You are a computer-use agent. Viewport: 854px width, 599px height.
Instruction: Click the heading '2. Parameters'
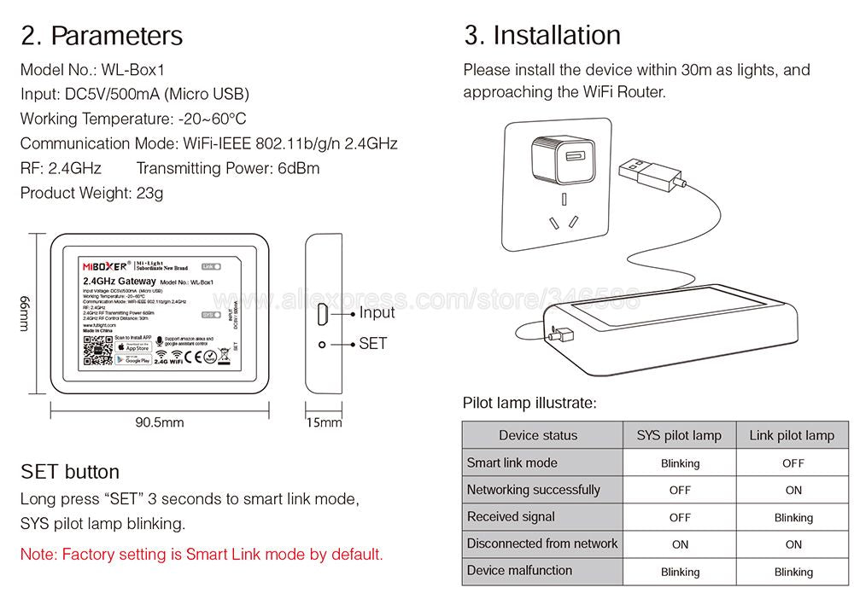pyautogui.click(x=102, y=36)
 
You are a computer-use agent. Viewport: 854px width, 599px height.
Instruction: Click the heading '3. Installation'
pyautogui.click(x=542, y=36)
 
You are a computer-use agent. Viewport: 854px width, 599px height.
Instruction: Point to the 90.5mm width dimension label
pyautogui.click(x=160, y=422)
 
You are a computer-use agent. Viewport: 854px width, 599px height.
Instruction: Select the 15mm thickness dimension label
pyautogui.click(x=324, y=422)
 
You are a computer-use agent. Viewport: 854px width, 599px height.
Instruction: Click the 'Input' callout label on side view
pyautogui.click(x=377, y=312)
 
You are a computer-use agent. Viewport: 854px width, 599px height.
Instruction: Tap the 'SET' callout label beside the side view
pyautogui.click(x=373, y=344)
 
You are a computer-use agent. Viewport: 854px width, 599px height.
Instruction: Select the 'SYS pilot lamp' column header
pyautogui.click(x=679, y=435)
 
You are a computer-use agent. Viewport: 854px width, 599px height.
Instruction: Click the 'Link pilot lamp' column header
pyautogui.click(x=792, y=435)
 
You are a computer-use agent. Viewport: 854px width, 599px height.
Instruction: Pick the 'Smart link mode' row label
pyautogui.click(x=512, y=462)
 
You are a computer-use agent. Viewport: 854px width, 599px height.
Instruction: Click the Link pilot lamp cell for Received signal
pyautogui.click(x=793, y=517)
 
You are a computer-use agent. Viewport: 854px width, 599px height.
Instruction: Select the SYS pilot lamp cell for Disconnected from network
pyautogui.click(x=680, y=544)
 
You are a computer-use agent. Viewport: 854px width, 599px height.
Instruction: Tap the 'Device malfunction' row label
pyautogui.click(x=519, y=571)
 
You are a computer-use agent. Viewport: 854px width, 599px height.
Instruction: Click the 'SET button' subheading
pyautogui.click(x=70, y=472)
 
